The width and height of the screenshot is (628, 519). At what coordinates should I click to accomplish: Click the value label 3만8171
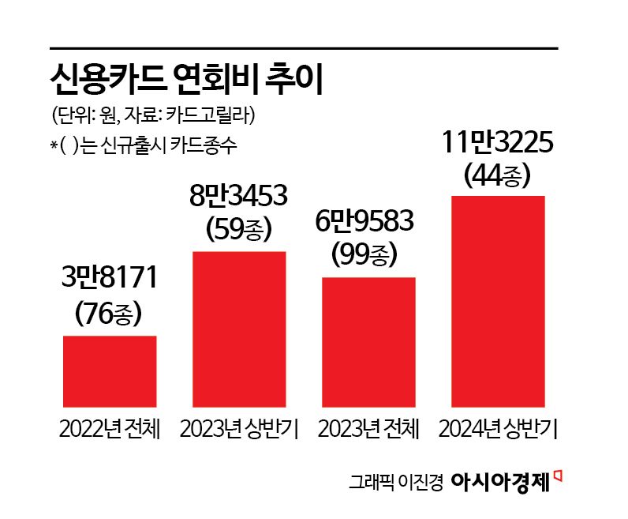pyautogui.click(x=110, y=278)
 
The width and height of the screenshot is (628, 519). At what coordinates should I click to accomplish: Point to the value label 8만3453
pyautogui.click(x=239, y=195)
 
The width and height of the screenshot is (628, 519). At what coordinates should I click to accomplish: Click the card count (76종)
pyautogui.click(x=110, y=313)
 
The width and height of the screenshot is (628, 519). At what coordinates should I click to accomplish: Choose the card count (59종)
pyautogui.click(x=239, y=229)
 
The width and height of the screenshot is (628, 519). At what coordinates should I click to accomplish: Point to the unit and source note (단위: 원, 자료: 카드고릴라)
pyautogui.click(x=153, y=116)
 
